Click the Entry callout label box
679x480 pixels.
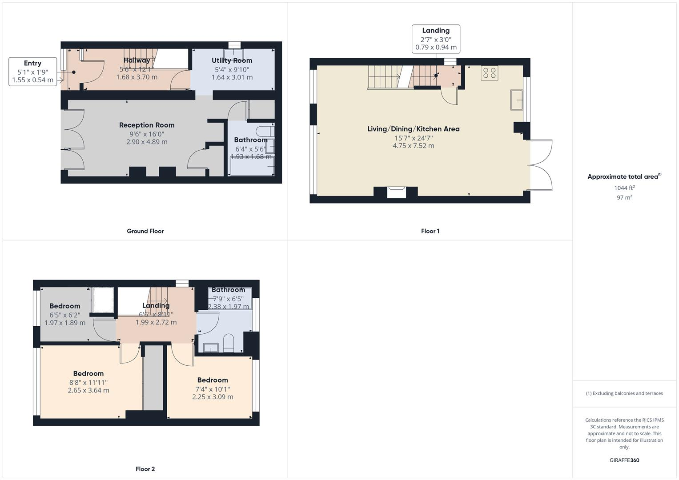[32, 72]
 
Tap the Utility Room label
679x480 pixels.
[232, 60]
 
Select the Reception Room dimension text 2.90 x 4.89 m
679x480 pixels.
[147, 142]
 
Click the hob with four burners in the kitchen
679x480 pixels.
[489, 73]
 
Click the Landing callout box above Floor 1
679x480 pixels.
[436, 39]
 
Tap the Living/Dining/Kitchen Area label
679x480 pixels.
[413, 129]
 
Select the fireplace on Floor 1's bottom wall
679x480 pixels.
[396, 192]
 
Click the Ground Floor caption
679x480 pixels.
[145, 231]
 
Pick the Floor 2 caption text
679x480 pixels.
[145, 469]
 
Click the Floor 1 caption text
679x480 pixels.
[430, 231]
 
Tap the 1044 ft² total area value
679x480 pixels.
[624, 188]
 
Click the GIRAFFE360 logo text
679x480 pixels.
[624, 460]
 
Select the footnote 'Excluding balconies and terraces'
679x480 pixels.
[624, 393]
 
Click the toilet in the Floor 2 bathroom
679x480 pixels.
[229, 343]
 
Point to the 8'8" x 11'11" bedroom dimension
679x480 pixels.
[88, 382]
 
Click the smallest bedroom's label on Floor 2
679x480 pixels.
[65, 306]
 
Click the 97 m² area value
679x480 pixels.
[624, 197]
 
